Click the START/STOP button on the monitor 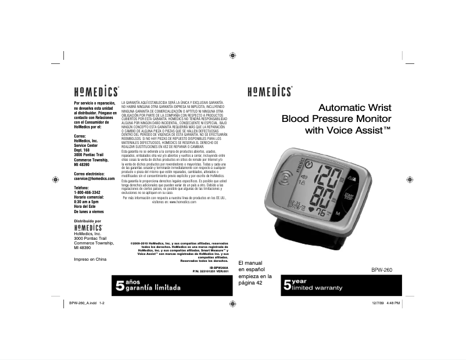click(x=349, y=195)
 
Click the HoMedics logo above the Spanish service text click(x=95, y=91)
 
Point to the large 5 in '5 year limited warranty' click(x=287, y=285)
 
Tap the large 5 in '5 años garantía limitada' click(x=120, y=285)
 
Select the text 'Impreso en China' click(x=90, y=259)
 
